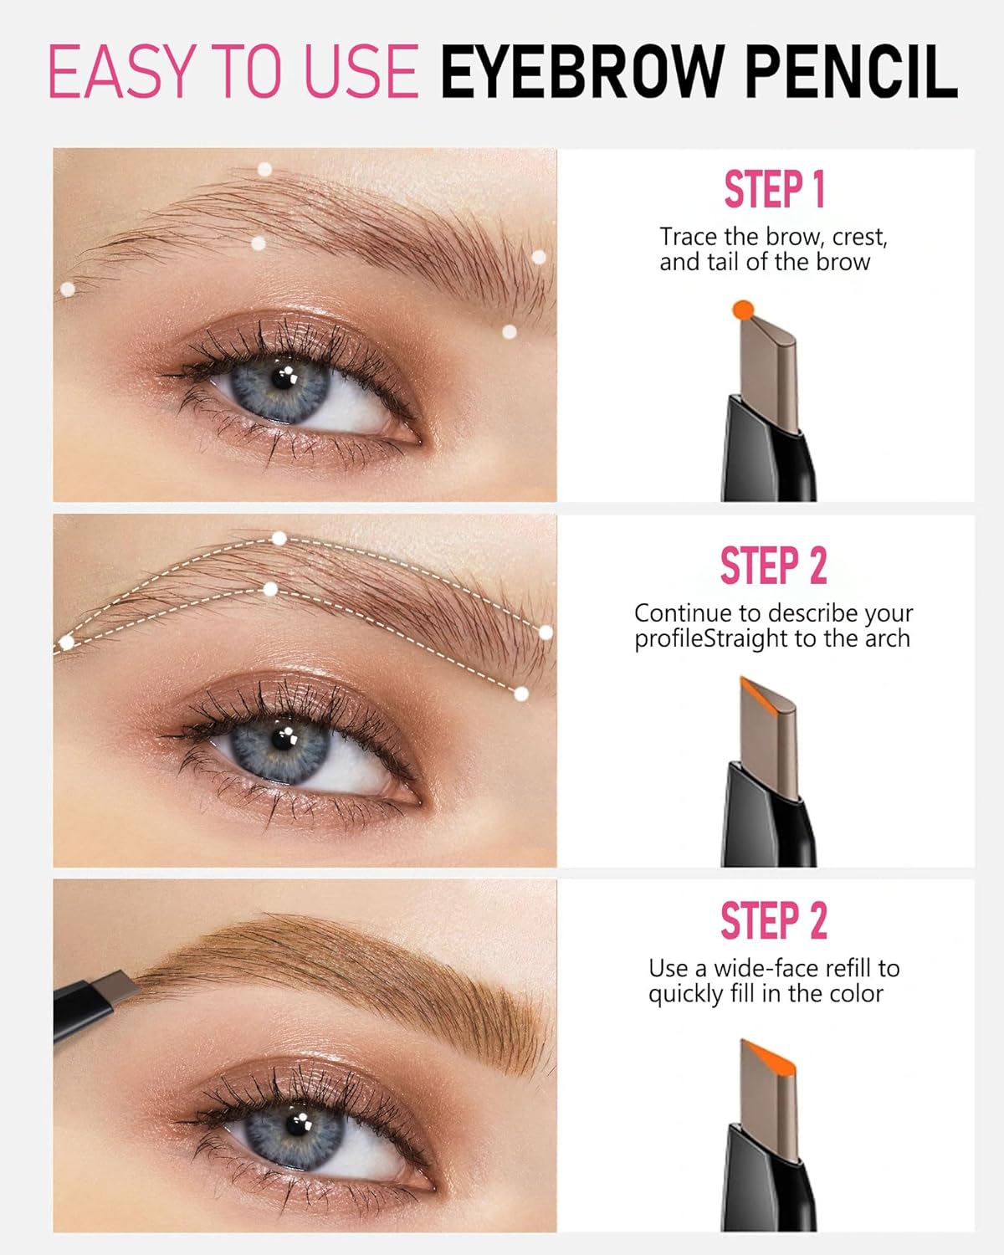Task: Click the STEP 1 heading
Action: point(775,190)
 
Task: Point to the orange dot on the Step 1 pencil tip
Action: point(743,310)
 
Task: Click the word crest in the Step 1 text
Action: point(857,238)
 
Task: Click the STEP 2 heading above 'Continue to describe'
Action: point(774,566)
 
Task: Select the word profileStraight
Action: point(711,639)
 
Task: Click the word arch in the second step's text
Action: point(888,639)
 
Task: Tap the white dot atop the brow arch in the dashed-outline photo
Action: point(279,539)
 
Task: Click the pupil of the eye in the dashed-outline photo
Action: point(282,742)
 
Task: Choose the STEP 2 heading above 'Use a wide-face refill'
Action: point(774,921)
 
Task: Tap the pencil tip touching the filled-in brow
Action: point(125,985)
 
